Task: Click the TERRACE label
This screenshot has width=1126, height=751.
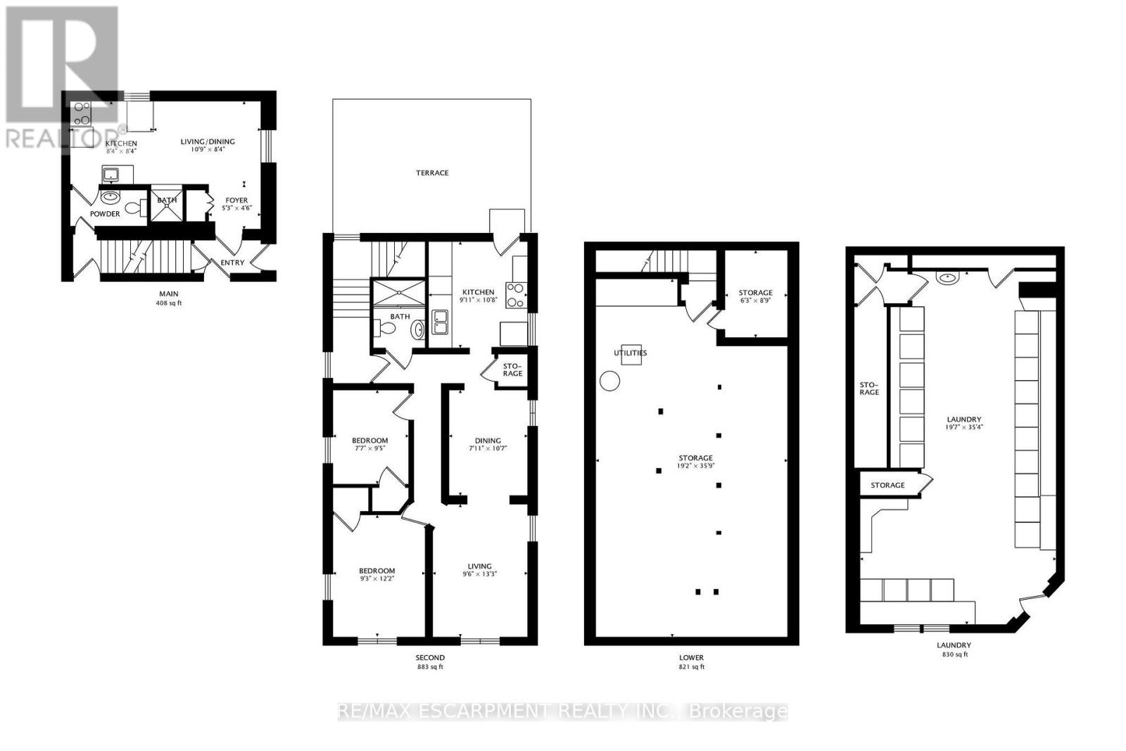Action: click(431, 172)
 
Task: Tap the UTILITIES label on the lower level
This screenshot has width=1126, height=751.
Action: click(630, 353)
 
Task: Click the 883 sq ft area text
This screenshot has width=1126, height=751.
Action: click(429, 667)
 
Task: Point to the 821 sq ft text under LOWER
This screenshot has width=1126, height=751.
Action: click(691, 667)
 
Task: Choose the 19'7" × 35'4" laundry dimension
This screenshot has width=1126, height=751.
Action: click(963, 427)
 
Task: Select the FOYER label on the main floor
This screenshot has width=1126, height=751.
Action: click(236, 201)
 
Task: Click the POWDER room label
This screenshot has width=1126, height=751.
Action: click(105, 214)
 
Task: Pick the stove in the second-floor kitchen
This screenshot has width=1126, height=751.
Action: click(514, 294)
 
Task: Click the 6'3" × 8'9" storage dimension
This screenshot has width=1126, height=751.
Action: click(755, 301)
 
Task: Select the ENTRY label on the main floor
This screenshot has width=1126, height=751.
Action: click(232, 263)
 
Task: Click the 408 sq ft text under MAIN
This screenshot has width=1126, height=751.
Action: click(168, 303)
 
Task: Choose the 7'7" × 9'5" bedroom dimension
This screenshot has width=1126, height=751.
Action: click(369, 448)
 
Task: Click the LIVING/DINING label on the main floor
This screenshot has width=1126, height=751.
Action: click(208, 141)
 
